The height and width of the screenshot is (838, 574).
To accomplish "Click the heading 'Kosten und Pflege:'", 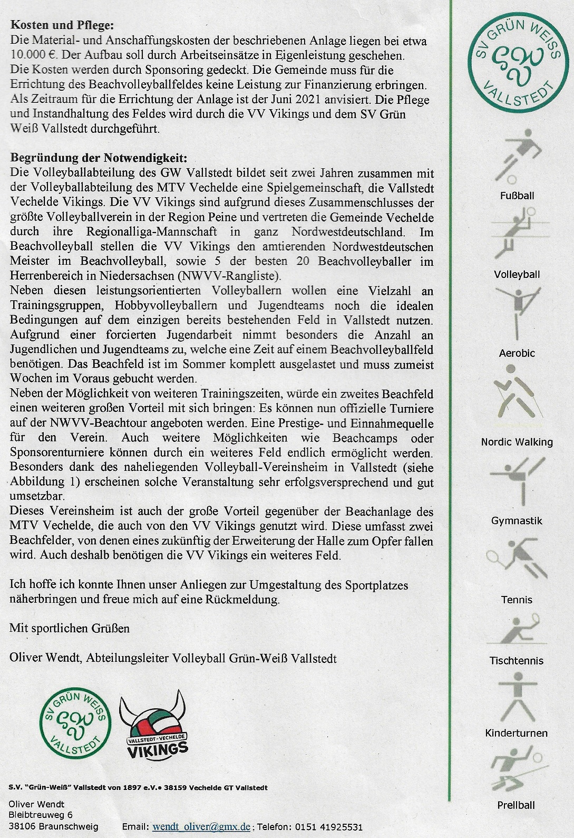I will [62, 25].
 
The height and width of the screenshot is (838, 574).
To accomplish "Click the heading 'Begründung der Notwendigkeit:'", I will [98, 158].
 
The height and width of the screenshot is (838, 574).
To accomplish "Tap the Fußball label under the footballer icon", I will [517, 196].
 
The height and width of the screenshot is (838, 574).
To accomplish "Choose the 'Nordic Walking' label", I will [517, 442].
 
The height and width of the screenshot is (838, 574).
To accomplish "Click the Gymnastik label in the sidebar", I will [517, 521].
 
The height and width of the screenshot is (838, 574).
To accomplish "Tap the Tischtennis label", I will [516, 660].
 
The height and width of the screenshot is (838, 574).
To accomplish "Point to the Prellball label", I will [516, 805].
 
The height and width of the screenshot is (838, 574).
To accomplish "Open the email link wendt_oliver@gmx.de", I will [201, 827].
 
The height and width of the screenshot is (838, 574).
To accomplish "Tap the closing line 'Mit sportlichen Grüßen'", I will [70, 629].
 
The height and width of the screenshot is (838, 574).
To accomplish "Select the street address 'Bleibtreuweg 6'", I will [41, 815].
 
